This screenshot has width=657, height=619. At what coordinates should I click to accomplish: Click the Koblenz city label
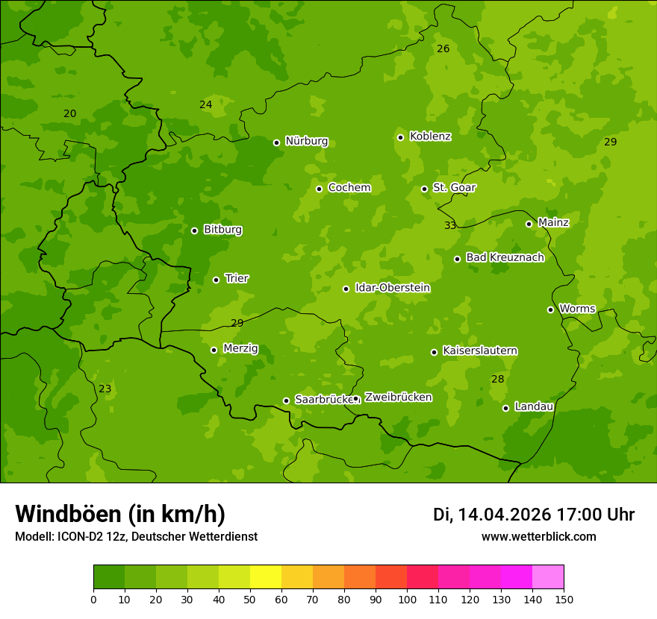click(430, 136)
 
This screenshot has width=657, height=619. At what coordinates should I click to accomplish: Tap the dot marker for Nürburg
click(276, 142)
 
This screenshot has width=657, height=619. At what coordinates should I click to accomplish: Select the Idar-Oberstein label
click(392, 288)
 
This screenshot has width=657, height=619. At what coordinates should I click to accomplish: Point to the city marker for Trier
click(217, 280)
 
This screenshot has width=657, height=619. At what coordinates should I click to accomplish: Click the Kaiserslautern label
click(480, 351)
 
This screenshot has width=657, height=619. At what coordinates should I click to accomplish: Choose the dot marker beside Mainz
click(529, 224)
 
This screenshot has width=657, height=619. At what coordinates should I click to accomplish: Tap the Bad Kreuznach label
click(505, 257)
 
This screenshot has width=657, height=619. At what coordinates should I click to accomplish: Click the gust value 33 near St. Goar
click(450, 225)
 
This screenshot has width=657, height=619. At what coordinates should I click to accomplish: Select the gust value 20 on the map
click(69, 113)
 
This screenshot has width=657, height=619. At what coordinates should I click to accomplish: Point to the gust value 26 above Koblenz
click(443, 48)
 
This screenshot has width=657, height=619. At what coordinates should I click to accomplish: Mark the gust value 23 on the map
click(105, 389)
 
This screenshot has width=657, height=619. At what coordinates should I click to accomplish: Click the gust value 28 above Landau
click(498, 379)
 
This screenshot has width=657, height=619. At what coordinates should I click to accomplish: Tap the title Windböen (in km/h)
click(120, 514)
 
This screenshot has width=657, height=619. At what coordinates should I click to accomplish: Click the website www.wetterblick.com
click(538, 536)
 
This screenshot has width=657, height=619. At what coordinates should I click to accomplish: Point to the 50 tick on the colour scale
click(250, 599)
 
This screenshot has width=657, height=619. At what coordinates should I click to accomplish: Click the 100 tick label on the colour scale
click(407, 599)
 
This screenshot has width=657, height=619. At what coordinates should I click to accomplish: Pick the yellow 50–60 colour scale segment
click(266, 577)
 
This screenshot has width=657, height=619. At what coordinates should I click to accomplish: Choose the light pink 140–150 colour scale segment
click(548, 577)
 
